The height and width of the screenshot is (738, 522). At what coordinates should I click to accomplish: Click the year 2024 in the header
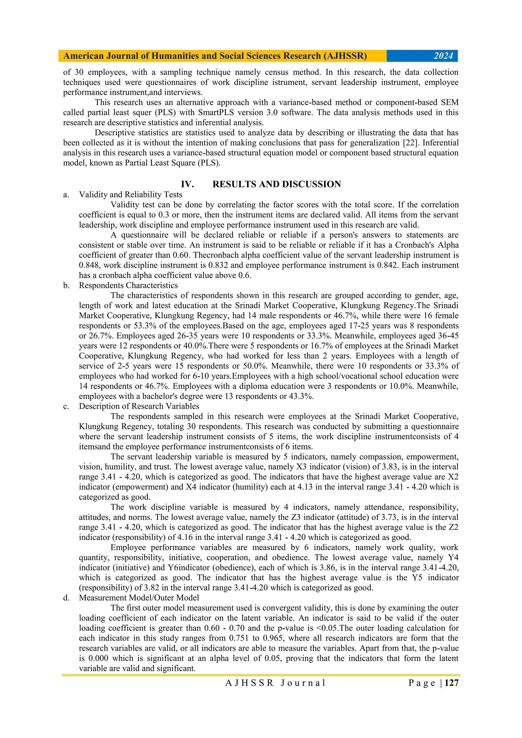pos(443,56)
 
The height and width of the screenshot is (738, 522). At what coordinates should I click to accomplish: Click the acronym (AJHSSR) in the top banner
pos(345,56)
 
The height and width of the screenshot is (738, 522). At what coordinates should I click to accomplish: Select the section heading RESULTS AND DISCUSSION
pos(277,184)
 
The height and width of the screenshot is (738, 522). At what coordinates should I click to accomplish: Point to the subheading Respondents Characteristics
pos(128,285)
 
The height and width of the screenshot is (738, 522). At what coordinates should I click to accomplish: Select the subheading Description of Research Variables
pos(139,406)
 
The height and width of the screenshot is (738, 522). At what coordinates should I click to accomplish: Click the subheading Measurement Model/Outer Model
pos(139,598)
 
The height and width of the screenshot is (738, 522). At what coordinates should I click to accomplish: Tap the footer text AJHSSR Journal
pos(276,683)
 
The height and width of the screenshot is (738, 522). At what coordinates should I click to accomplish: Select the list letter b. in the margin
pos(66,285)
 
